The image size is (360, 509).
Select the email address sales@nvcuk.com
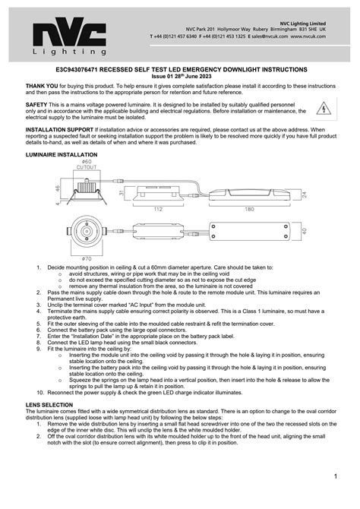[x=267, y=36]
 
